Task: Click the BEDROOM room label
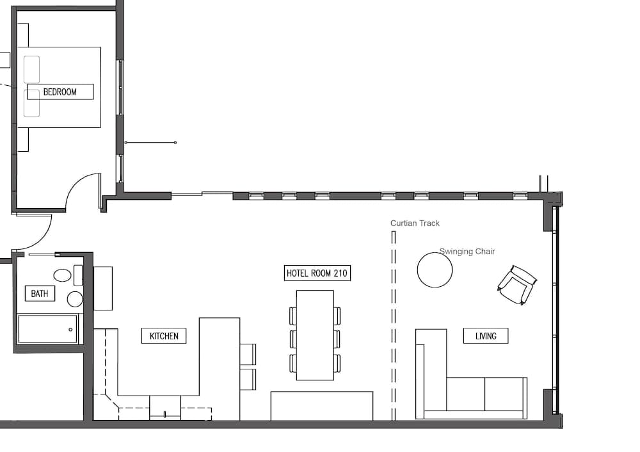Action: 60,92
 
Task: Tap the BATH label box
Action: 40,294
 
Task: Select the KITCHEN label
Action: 164,335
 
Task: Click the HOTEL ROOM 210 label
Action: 317,273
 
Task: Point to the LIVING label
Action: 486,335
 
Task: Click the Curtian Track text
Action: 415,223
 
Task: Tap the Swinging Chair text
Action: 467,252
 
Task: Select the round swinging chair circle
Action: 435,270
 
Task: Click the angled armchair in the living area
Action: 517,284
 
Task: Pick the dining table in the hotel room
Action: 315,335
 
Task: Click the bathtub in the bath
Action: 47,329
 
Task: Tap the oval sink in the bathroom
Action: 62,276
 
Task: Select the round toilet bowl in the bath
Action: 75,299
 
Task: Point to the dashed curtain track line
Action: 394,327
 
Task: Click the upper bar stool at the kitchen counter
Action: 248,354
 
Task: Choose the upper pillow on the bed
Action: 32,69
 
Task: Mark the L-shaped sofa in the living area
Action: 470,394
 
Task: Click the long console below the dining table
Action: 321,406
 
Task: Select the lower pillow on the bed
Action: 32,104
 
